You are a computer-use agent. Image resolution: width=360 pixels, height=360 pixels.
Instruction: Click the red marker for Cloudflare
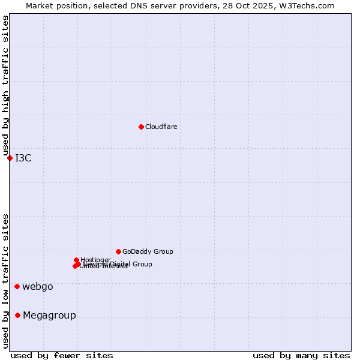pos(141,127)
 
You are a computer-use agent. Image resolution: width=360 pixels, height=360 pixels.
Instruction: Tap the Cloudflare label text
pos(161,127)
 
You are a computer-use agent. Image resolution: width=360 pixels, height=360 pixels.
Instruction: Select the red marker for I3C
pos(10,158)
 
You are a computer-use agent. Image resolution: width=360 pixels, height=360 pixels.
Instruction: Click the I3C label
pos(23,158)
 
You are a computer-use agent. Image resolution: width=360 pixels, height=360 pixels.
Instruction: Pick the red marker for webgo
pos(17,286)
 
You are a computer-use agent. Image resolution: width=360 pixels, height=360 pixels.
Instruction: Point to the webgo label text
pos(38,286)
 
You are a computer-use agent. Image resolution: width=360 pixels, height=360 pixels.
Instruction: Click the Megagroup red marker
pos(17,315)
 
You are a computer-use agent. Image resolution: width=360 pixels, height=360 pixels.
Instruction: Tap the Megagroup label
pos(49,315)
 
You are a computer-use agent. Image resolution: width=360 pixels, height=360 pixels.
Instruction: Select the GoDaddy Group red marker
pos(118,251)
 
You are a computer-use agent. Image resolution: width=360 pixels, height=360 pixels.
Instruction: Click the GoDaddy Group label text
pos(148,251)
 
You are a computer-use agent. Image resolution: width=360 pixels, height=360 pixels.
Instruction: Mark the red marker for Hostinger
pos(76,260)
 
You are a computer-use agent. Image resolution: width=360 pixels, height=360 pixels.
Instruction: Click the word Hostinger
pos(96,260)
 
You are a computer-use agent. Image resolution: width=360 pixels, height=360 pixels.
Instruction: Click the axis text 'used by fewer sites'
pos(62,355)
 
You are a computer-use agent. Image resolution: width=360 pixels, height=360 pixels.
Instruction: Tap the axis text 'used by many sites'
pos(301,355)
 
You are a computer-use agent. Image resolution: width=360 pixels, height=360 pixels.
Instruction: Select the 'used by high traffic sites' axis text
pos(5,85)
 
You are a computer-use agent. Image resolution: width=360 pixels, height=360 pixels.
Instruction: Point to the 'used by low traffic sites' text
pos(5,281)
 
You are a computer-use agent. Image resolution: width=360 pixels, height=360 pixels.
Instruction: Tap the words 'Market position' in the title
pos(54,5)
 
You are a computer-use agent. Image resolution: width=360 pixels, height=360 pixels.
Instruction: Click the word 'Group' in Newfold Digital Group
pos(142,264)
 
